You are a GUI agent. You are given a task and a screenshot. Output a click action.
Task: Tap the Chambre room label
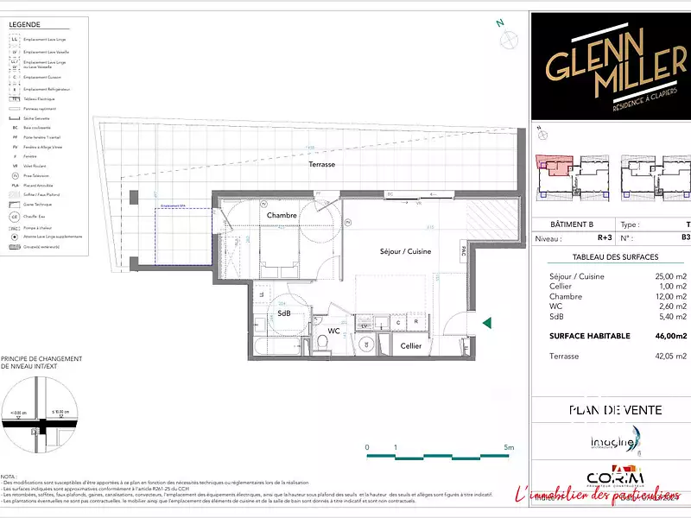click(282, 215)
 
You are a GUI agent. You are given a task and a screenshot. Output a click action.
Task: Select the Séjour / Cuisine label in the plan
click(405, 251)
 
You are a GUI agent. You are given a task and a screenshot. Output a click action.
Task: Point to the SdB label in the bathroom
click(283, 313)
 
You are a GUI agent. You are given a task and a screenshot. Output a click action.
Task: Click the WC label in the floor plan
click(334, 331)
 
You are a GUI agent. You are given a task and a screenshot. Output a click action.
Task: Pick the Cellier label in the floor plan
click(411, 345)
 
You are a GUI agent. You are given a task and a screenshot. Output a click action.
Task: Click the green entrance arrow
click(487, 323)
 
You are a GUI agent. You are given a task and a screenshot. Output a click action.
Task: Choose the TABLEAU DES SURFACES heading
click(615, 257)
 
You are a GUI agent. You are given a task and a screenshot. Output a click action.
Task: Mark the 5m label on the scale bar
click(509, 447)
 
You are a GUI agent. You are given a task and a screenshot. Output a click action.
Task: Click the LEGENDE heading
click(25, 25)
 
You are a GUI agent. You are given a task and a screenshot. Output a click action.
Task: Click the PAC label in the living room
click(464, 252)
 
